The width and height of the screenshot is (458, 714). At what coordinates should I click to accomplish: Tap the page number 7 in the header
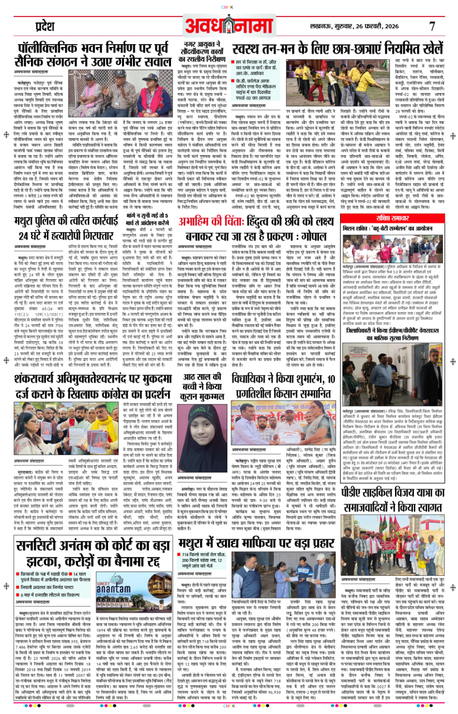coord(432,26)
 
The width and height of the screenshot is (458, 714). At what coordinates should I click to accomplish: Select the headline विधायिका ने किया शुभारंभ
coord(283,386)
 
